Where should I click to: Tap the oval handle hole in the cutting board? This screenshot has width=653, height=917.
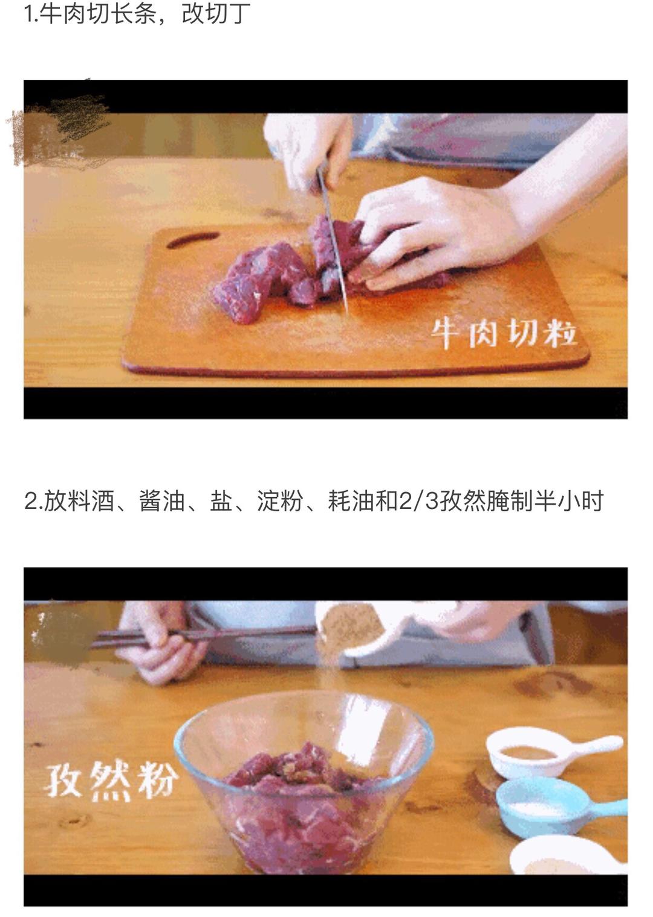click(x=192, y=240)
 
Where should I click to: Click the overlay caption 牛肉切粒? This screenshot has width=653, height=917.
click(x=504, y=332)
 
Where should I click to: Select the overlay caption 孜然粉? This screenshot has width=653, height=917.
click(x=112, y=780)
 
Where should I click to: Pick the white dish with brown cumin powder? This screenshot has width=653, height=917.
click(x=532, y=753)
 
